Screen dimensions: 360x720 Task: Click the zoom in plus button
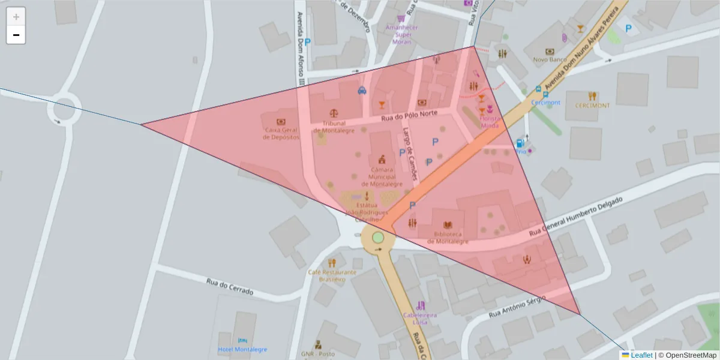[16, 17]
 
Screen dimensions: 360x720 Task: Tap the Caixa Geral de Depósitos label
[281, 133]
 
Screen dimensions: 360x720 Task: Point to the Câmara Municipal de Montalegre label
[382, 176]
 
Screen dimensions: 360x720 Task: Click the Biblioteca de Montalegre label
[448, 238]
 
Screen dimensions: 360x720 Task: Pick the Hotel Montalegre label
[242, 349]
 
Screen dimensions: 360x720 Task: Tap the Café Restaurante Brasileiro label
[332, 275]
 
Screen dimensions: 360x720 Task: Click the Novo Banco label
[550, 59]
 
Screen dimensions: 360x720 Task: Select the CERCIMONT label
[592, 106]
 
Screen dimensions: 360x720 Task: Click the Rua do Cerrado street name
[230, 286]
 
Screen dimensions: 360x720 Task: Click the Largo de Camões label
[410, 153]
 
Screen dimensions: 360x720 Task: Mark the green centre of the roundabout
[377, 238]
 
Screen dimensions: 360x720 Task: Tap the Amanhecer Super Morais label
[402, 34]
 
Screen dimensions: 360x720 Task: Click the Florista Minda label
[490, 122]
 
